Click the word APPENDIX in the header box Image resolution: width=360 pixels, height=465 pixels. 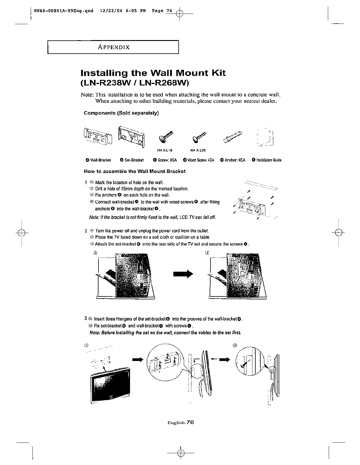[114, 47]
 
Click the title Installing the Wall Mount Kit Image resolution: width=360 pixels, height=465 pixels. [153, 73]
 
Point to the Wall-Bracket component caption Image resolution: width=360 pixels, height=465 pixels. [98, 160]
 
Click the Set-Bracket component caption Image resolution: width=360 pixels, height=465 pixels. [132, 160]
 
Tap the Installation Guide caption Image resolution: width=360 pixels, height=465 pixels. [267, 160]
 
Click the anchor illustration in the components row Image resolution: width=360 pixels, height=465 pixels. [235, 136]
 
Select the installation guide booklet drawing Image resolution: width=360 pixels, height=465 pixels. [265, 137]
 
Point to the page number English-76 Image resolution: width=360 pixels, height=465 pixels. [180, 422]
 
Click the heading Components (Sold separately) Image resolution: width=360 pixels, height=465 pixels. [121, 113]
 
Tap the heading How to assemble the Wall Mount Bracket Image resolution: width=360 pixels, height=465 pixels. [135, 171]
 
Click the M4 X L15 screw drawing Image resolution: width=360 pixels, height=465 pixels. [165, 136]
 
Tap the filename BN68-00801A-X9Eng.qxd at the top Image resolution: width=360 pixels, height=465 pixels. [64, 11]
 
